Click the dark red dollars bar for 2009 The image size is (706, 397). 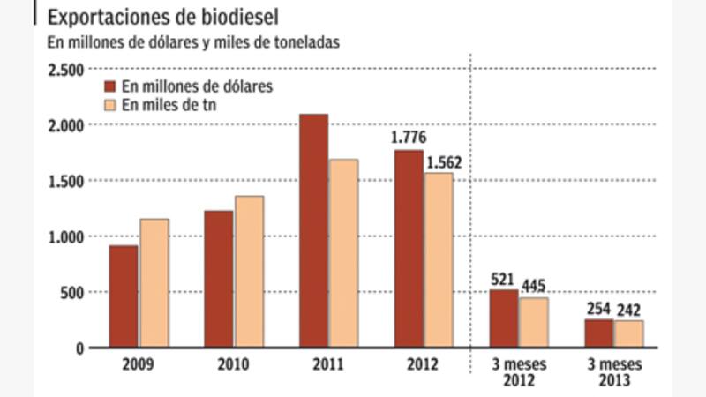coord(124,296)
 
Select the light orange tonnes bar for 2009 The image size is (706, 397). coord(154,283)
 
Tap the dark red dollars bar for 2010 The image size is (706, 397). coord(218,279)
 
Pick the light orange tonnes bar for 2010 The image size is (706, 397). coord(249,272)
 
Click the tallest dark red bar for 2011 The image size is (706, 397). coord(313,231)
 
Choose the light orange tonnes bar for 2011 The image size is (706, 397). coord(343,253)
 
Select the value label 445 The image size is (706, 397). coord(534,286)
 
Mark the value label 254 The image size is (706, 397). coord(598,309)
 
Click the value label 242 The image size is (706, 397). coord(629,310)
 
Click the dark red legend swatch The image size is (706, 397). coord(111,87)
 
